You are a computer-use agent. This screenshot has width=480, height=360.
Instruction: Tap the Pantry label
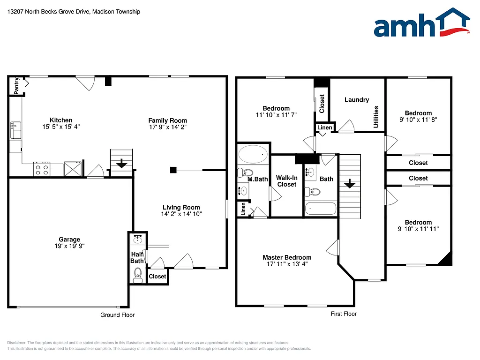pos(16,86)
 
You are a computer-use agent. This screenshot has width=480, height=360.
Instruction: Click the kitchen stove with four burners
pos(42,169)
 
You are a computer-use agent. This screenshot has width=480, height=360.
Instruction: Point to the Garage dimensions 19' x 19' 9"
pos(69,246)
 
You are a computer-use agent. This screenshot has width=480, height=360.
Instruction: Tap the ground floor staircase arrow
pos(122,164)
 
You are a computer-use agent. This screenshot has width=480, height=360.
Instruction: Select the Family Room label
pos(168,120)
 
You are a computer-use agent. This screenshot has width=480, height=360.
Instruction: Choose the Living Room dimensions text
pos(181,214)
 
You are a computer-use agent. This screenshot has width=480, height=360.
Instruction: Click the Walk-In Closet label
pos(286,181)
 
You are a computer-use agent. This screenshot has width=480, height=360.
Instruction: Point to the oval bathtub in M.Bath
pos(253,154)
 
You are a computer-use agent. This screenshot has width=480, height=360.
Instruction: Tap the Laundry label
pos(357,100)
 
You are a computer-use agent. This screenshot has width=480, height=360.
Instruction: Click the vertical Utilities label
pos(376,117)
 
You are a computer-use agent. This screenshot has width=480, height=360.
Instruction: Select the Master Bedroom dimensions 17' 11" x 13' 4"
pos(287,264)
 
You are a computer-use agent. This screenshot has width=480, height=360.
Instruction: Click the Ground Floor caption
pos(117,315)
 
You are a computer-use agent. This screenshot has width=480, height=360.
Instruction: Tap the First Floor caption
pos(343,314)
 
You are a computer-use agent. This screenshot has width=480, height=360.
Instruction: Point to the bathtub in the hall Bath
pos(321,208)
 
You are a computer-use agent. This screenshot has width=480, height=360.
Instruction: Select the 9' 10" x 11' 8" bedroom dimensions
pos(419,120)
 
